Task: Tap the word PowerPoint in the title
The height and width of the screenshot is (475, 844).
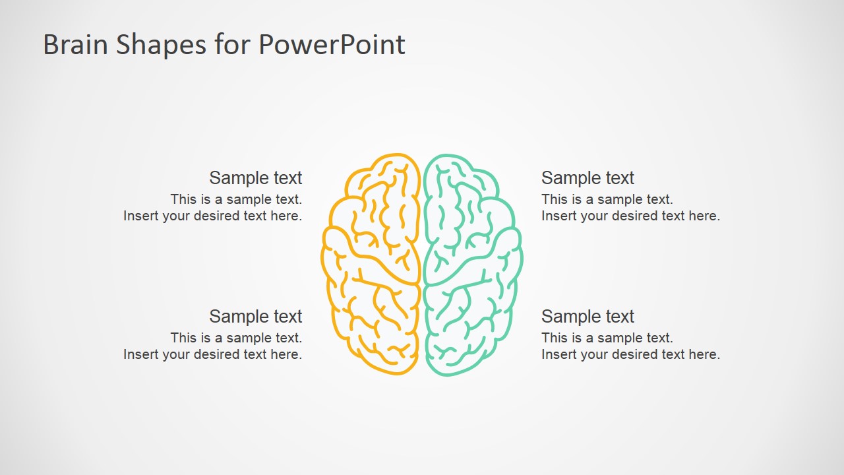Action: tap(332, 45)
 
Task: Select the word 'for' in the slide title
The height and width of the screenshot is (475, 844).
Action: tap(233, 45)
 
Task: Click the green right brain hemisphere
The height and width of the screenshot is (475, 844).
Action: tap(471, 264)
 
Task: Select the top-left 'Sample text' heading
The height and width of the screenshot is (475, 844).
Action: tap(255, 178)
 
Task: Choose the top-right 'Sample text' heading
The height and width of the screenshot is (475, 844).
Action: tap(588, 178)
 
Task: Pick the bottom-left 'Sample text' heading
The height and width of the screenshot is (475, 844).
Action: tap(255, 317)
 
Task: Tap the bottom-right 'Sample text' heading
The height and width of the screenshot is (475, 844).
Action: tap(588, 317)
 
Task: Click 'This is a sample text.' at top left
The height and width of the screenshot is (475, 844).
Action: tap(236, 199)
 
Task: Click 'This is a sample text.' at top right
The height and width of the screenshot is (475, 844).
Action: tap(607, 199)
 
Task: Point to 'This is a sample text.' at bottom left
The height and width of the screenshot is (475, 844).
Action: tap(236, 338)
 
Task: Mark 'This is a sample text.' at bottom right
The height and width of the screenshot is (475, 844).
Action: tap(607, 338)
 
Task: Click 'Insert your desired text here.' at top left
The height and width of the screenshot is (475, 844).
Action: tap(212, 216)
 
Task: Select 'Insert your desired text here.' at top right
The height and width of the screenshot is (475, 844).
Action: tap(630, 216)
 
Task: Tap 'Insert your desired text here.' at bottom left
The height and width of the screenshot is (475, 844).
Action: tap(212, 354)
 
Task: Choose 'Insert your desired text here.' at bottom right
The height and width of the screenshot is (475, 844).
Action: tap(630, 354)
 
